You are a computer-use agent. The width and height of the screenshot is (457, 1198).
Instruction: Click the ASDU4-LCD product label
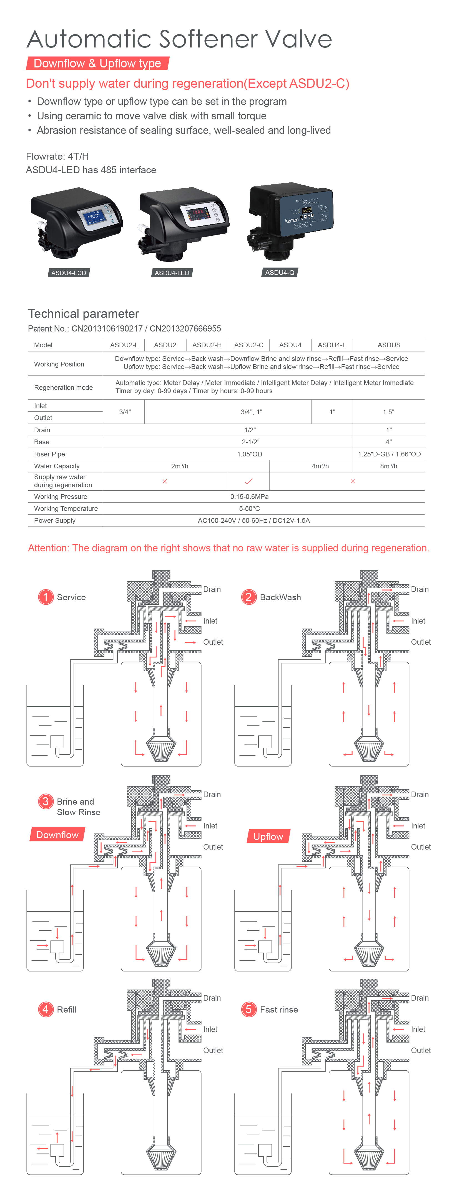click(69, 273)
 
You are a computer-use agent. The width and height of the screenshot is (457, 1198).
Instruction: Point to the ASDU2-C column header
click(249, 345)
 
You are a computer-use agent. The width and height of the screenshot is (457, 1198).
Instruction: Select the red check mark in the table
click(249, 481)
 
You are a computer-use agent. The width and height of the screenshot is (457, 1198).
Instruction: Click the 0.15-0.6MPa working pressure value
click(249, 497)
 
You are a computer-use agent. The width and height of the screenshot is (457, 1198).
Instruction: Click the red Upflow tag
click(268, 836)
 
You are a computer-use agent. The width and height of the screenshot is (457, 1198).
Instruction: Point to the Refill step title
click(66, 1010)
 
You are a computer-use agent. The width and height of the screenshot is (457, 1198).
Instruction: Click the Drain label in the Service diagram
click(212, 589)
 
